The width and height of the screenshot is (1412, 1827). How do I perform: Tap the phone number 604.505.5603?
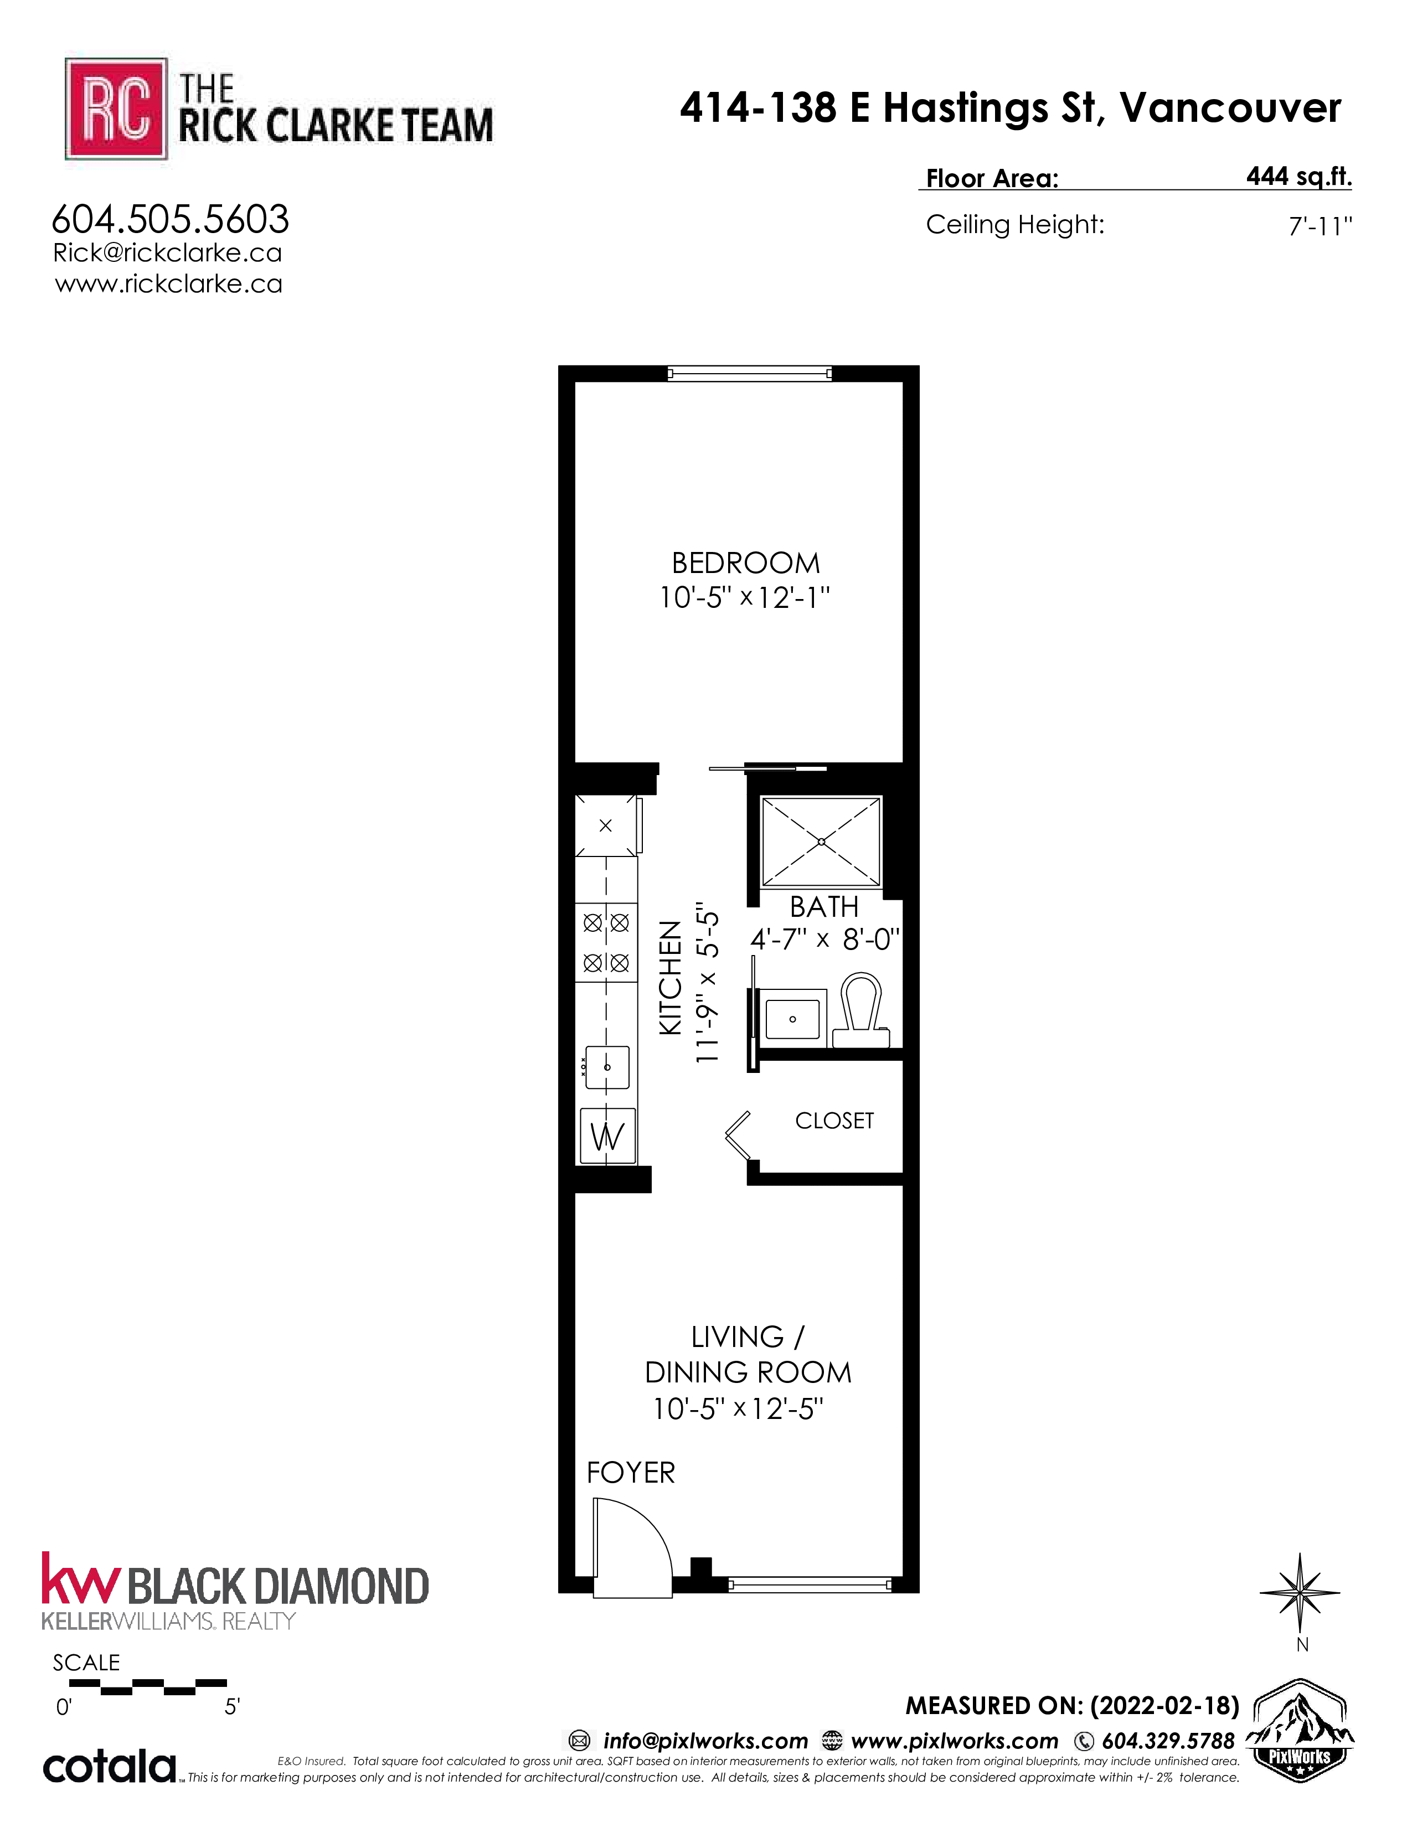point(171,220)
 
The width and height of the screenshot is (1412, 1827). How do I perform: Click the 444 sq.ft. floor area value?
point(1298,177)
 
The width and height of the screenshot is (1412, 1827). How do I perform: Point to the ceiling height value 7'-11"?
point(1320,226)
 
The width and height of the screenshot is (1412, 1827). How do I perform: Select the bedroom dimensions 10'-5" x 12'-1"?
point(744,598)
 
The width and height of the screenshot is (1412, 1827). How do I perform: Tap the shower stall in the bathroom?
point(821,841)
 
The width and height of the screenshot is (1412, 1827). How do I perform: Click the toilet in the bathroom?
point(862,1010)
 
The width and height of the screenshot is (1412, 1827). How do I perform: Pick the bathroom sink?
point(793,1015)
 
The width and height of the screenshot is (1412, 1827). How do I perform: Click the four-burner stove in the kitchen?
point(606,943)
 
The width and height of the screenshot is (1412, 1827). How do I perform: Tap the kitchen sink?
point(607,1067)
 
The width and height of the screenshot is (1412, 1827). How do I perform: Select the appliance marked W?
point(607,1136)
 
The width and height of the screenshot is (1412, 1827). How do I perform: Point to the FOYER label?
point(631,1472)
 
